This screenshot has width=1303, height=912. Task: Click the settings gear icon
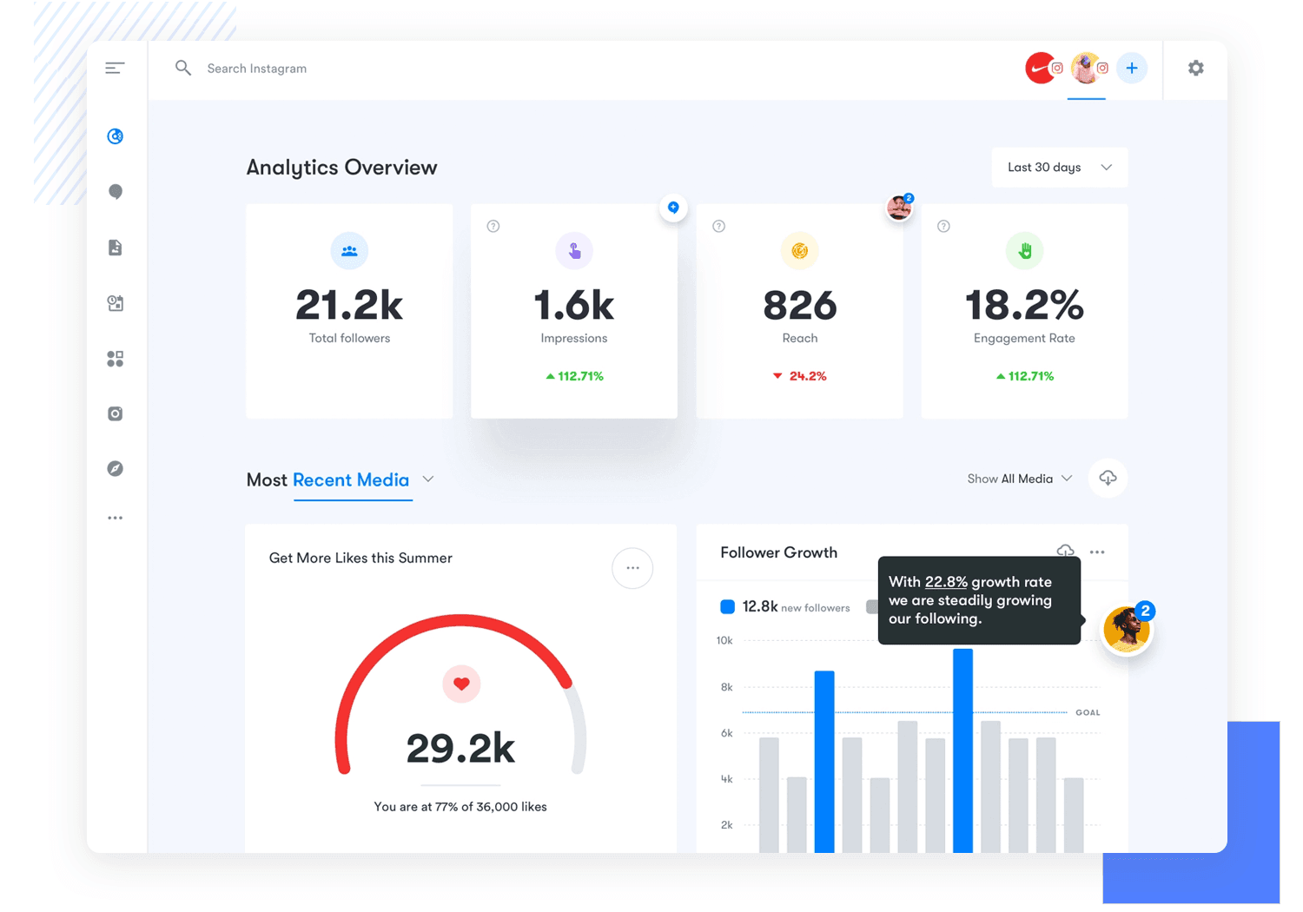click(1196, 68)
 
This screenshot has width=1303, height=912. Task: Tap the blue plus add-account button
click(1131, 68)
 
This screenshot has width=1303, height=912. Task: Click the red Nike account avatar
click(1040, 68)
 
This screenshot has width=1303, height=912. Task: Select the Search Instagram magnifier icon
click(182, 68)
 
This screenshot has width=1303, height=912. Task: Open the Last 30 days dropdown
click(1059, 168)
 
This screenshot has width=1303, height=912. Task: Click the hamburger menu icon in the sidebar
click(115, 68)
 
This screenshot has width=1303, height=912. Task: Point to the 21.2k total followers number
click(349, 306)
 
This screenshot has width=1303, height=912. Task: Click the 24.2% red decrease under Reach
click(800, 376)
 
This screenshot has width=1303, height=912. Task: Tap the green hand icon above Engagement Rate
click(1025, 251)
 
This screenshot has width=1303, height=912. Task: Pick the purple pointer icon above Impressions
click(574, 251)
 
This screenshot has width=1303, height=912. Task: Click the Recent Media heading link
click(351, 480)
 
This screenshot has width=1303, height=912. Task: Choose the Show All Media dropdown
click(1020, 479)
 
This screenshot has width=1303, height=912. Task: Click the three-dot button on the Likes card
click(632, 568)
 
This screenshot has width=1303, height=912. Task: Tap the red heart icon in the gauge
click(461, 684)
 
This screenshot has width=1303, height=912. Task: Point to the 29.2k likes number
click(460, 748)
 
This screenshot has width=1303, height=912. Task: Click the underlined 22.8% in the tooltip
click(946, 582)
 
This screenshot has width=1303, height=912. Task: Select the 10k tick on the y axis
click(724, 641)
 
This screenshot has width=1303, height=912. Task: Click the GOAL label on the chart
click(1088, 712)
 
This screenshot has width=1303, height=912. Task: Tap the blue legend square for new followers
click(728, 607)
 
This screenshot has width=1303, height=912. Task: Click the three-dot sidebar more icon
click(115, 519)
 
